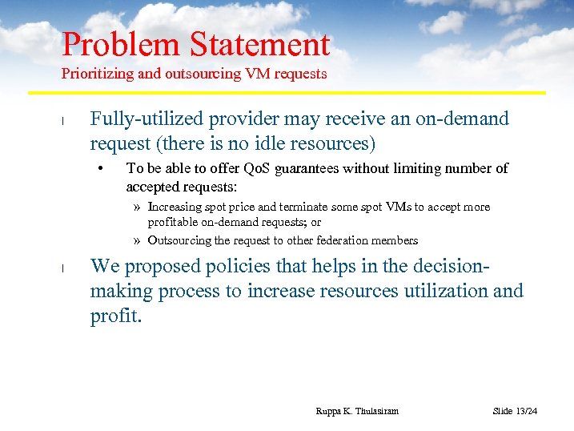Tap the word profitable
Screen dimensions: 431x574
(x=171, y=222)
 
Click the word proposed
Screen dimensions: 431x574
(x=167, y=267)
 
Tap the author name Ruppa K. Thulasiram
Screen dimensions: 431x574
(x=357, y=411)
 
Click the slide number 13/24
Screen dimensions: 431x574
(x=526, y=411)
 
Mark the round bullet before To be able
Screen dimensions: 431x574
(x=102, y=168)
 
